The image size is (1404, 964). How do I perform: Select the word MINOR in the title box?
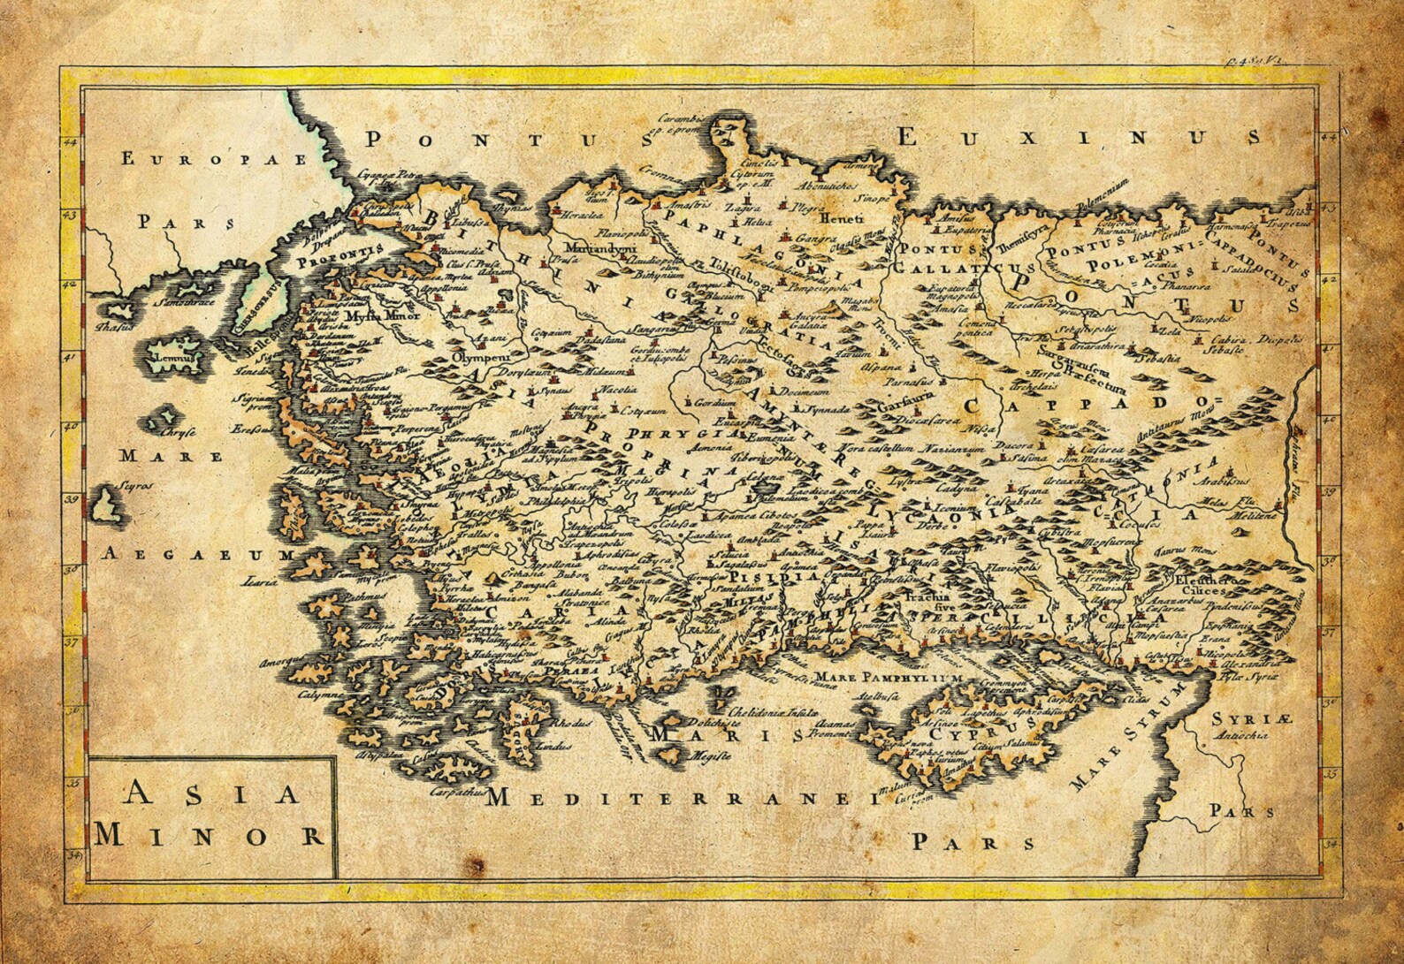pyautogui.click(x=210, y=833)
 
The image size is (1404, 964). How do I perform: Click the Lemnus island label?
pyautogui.click(x=171, y=360)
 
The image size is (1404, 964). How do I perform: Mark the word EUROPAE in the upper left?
pyautogui.click(x=216, y=159)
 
